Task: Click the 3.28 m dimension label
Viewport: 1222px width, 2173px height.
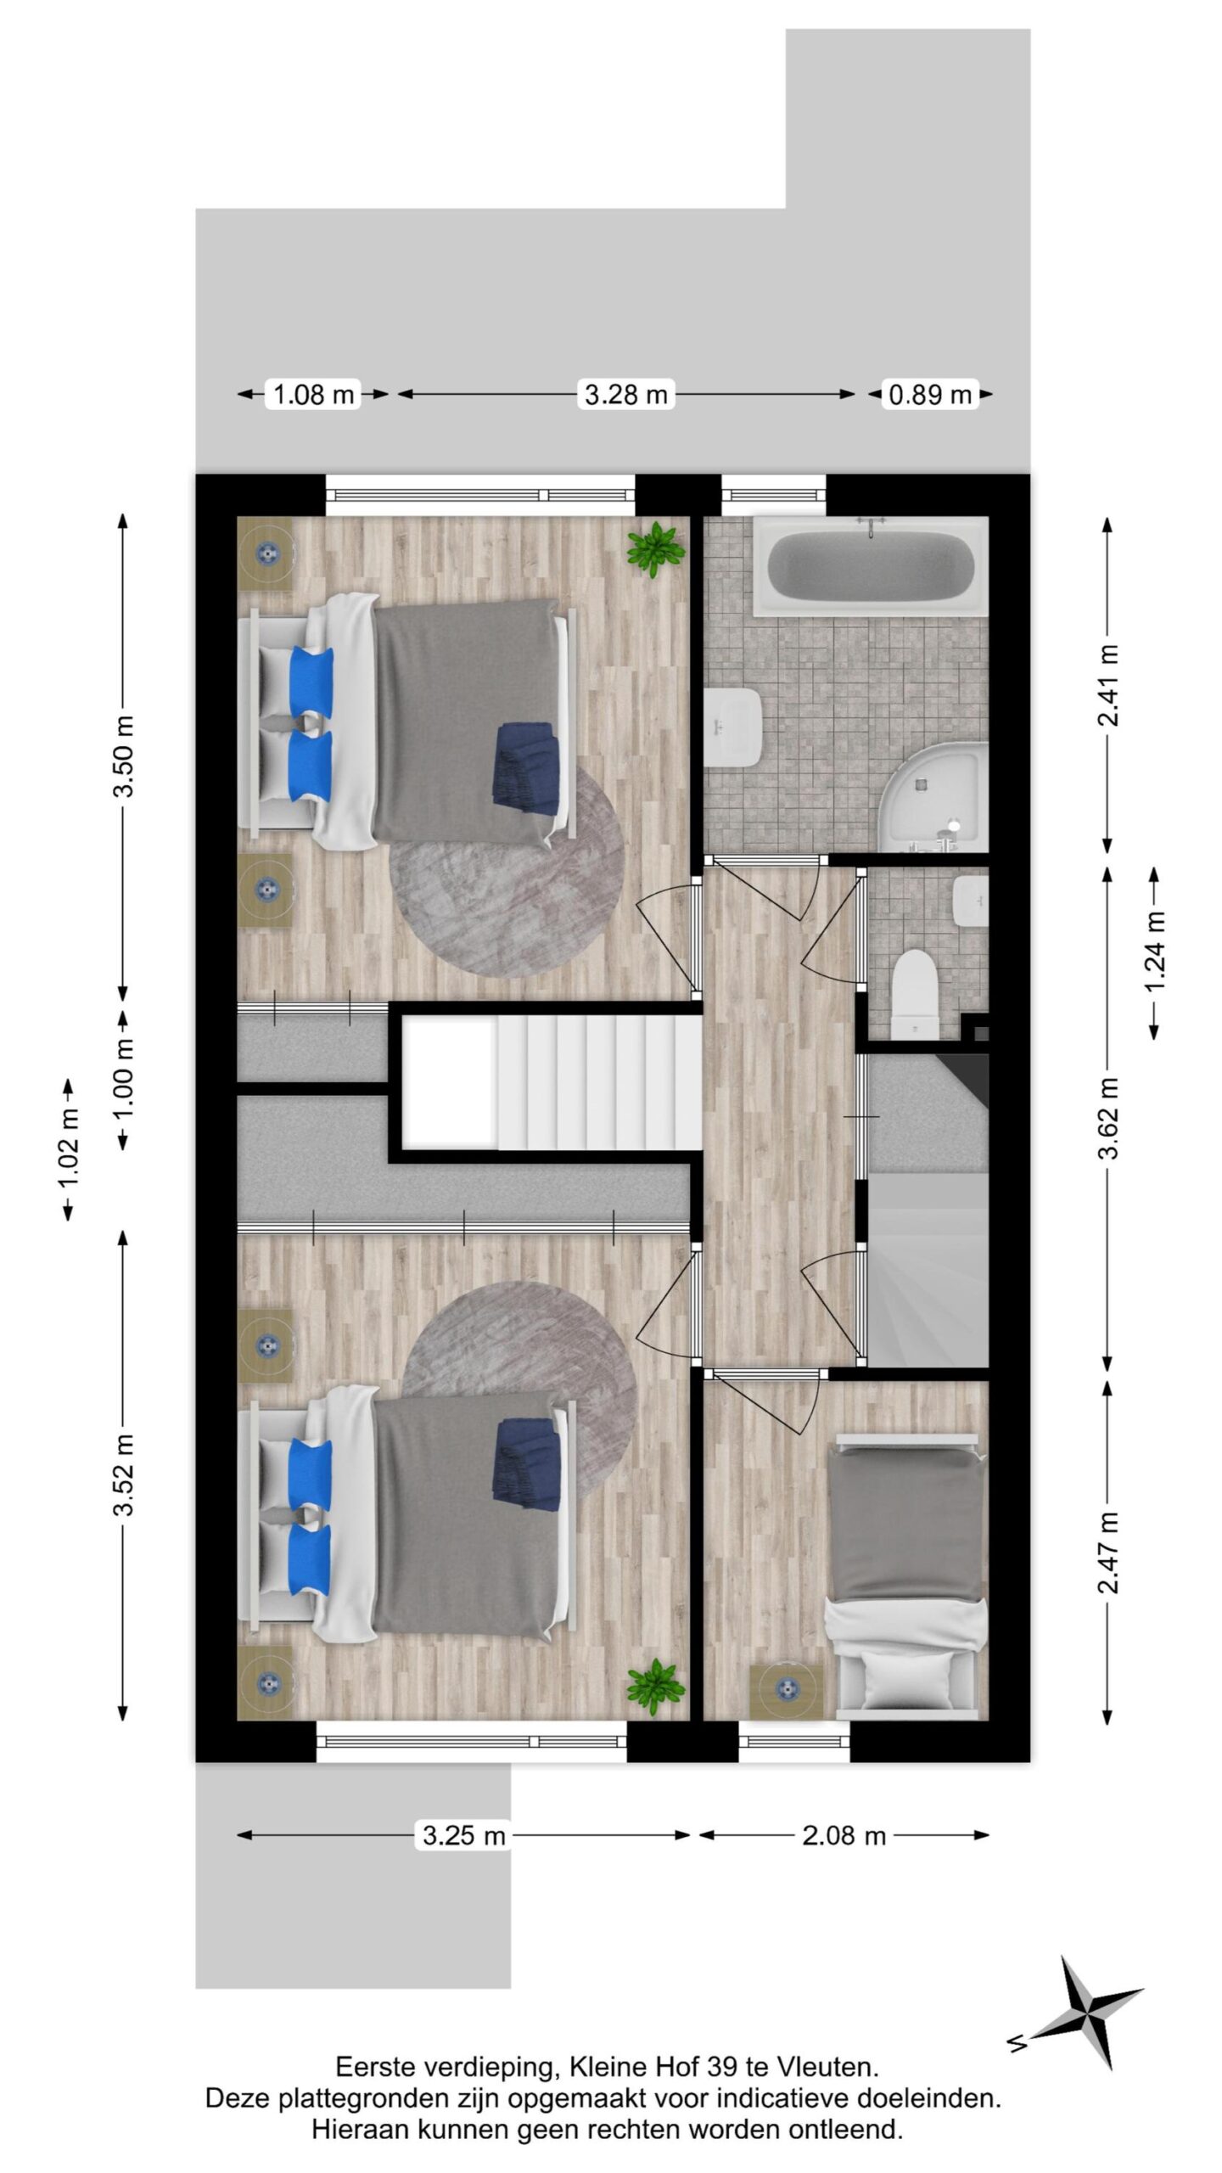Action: click(626, 394)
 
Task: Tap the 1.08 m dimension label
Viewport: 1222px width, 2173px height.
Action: click(313, 394)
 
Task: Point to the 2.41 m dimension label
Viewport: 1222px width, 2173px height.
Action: click(1107, 684)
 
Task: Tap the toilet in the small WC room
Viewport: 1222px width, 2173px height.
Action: click(916, 990)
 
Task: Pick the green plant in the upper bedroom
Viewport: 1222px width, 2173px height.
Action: click(654, 550)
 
